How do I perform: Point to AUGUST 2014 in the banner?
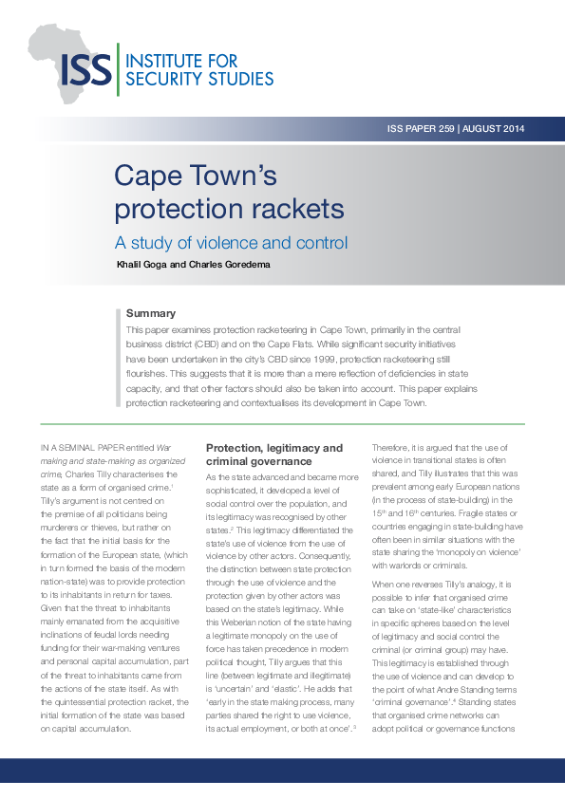click(493, 129)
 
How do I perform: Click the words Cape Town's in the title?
click(195, 176)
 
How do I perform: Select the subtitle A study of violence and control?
click(231, 242)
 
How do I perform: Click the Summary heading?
click(151, 313)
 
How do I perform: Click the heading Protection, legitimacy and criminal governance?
click(274, 454)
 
